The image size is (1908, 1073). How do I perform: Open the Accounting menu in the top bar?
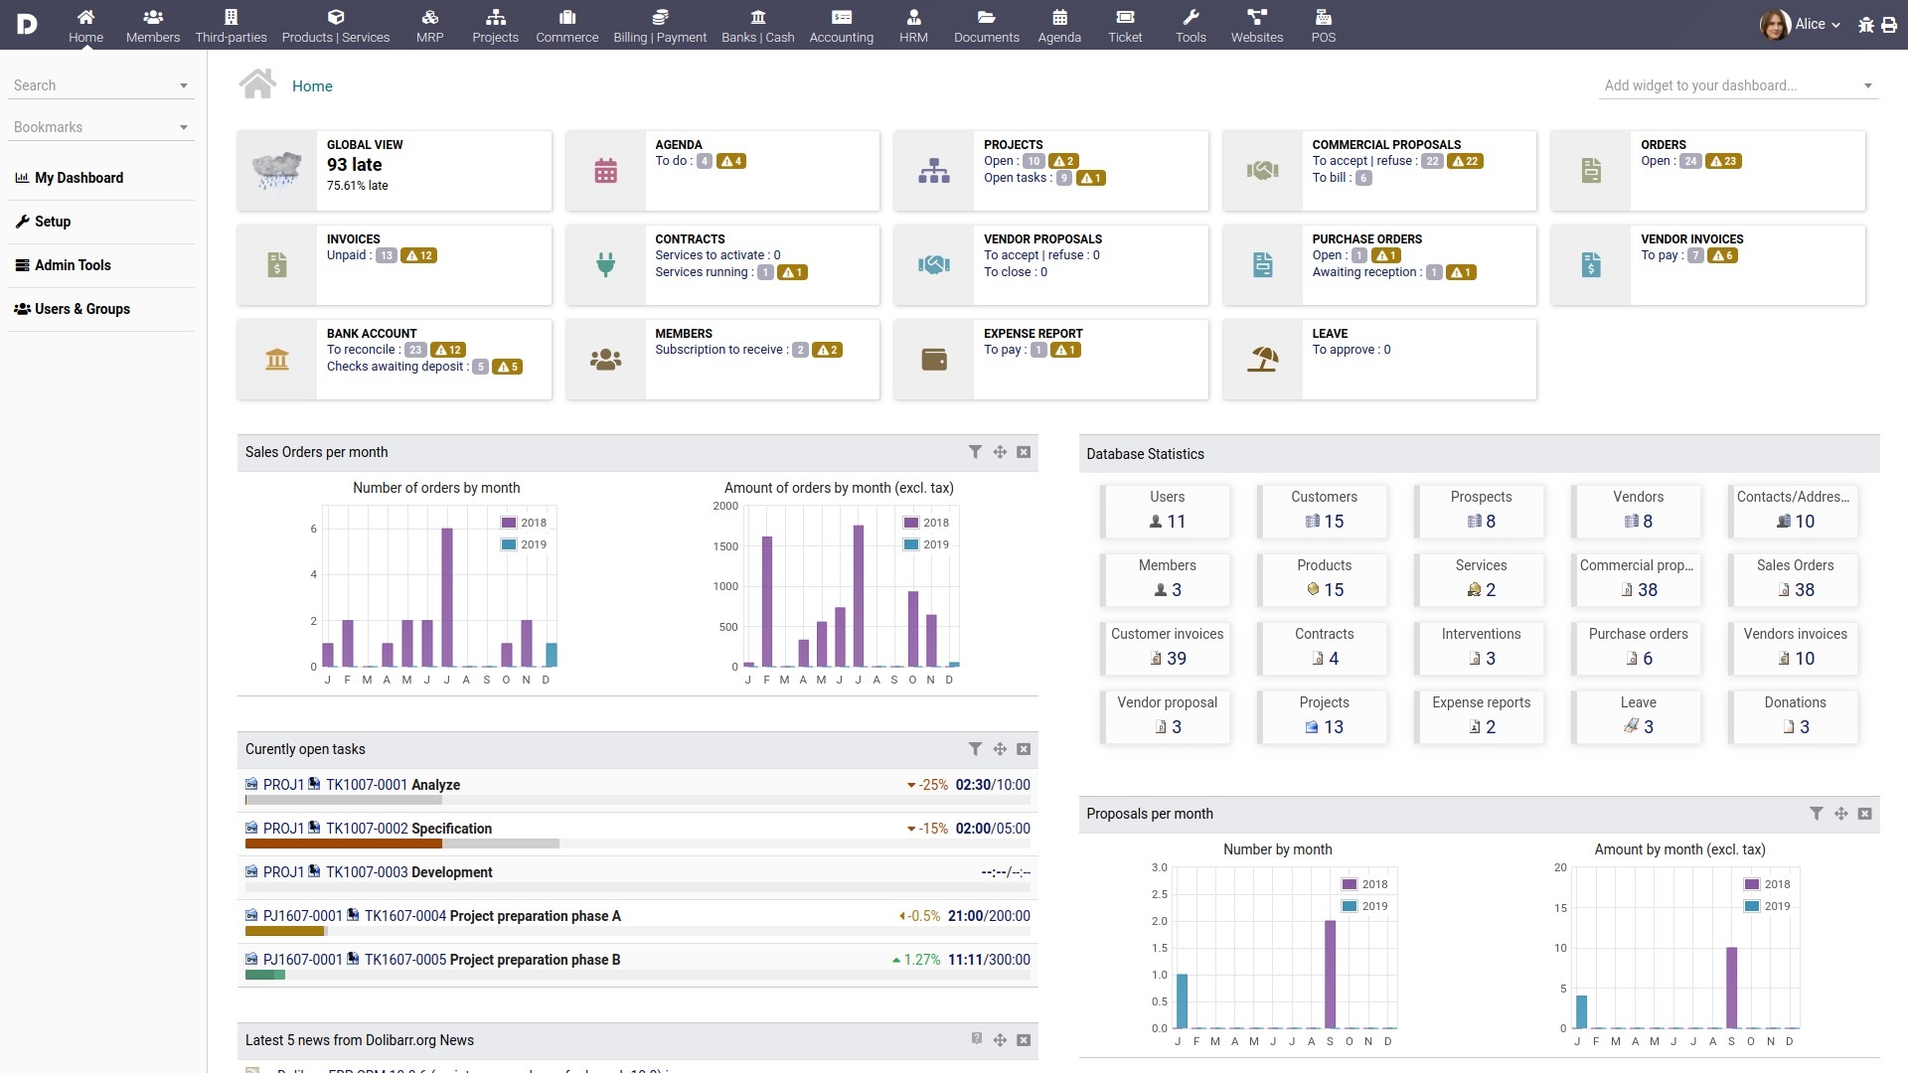841,26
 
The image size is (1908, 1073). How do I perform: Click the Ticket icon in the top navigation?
1125,17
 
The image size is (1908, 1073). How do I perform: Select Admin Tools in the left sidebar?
73,265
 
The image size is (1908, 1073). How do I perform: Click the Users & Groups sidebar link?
81,309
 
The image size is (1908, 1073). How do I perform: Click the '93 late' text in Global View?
354,165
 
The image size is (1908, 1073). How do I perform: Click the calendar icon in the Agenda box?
605,171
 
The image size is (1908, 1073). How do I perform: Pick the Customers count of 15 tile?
1324,511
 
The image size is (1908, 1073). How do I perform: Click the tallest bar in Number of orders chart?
447,596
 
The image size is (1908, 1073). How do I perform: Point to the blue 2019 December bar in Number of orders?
552,655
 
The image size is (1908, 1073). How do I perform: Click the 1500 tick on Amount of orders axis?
725,546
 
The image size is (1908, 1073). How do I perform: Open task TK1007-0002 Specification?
408,829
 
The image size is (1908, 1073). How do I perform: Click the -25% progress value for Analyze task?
932,785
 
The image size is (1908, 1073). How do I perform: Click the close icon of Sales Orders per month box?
1024,452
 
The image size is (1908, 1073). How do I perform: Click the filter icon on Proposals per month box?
1816,814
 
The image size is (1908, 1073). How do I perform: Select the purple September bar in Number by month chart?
1330,974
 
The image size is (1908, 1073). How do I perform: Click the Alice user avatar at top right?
1774,25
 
